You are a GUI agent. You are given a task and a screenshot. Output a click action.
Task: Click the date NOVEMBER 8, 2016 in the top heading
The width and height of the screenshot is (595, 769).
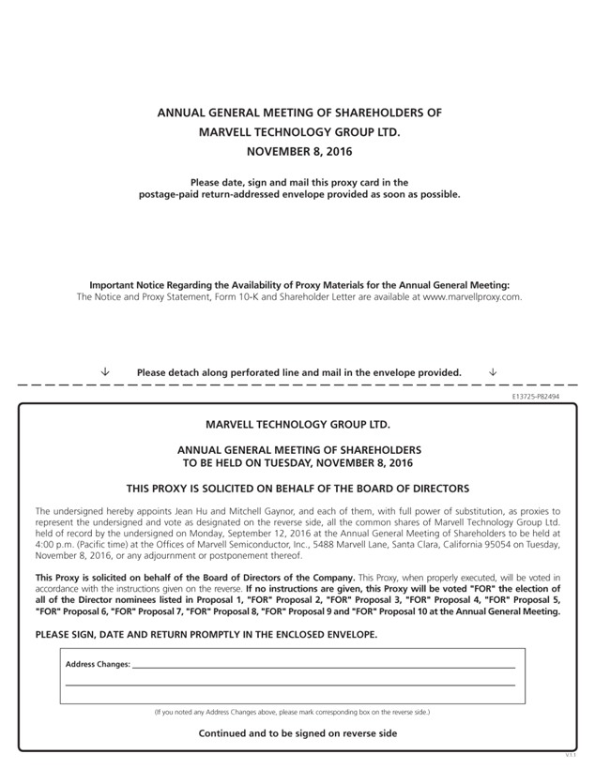pos(298,151)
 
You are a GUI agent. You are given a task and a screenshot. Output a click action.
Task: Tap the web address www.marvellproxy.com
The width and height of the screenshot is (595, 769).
pos(472,296)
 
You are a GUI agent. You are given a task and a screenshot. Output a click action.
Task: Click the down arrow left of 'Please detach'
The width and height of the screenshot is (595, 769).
pos(105,372)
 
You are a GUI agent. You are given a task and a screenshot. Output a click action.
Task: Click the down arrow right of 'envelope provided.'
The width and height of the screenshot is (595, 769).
pos(494,372)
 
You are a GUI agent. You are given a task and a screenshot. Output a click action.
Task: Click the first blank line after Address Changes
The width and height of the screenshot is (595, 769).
pos(324,666)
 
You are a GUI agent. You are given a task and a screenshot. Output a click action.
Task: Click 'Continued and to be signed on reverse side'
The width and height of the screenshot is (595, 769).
pos(297,733)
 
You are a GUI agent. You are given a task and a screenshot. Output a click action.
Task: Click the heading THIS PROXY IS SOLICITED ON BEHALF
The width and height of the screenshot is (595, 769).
pos(297,489)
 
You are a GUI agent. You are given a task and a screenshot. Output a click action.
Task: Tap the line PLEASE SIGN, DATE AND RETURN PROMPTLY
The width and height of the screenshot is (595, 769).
pos(206,635)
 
